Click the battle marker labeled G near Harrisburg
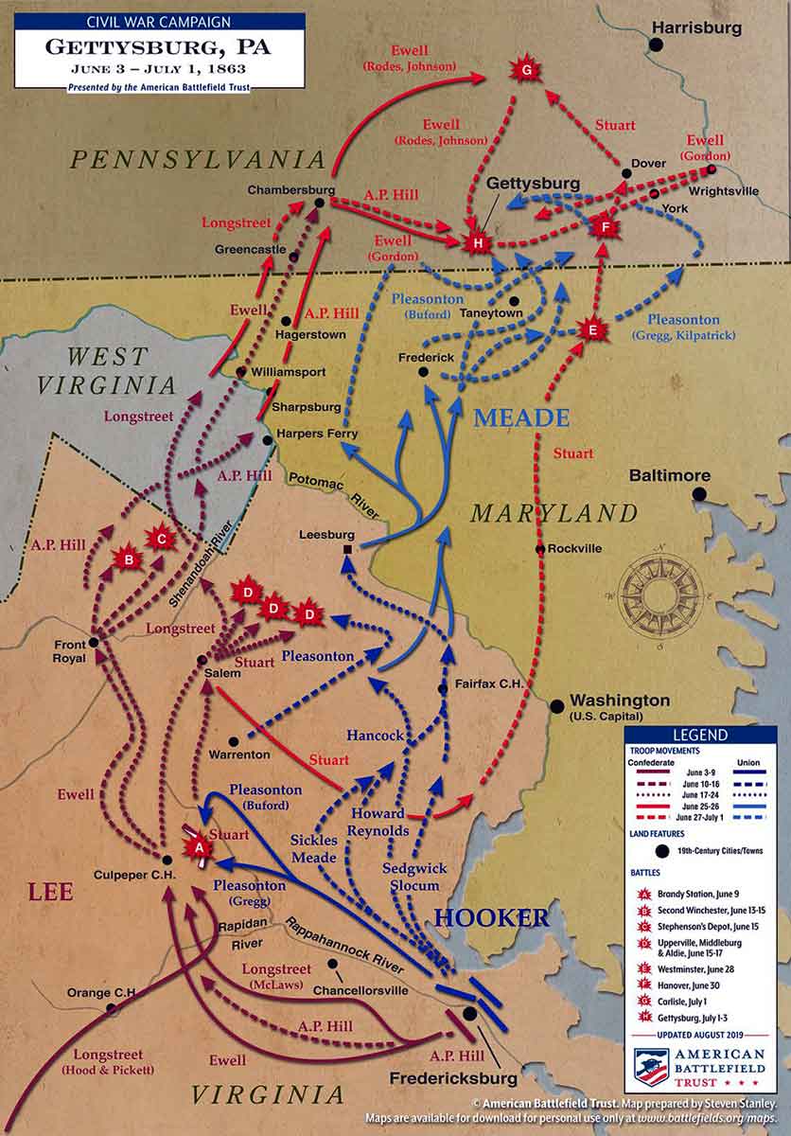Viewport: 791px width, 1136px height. (x=526, y=72)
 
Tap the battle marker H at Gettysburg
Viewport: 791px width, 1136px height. (x=478, y=243)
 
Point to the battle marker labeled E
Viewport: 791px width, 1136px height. (x=592, y=329)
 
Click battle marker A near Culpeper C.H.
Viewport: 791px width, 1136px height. (x=199, y=848)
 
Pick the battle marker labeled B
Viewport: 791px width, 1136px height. (x=128, y=559)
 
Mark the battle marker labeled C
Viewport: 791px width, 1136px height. (x=162, y=539)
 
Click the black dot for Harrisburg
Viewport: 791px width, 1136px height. (x=656, y=44)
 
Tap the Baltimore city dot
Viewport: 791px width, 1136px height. (x=698, y=493)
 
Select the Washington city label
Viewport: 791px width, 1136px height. (x=620, y=701)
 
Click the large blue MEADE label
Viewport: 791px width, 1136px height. (x=521, y=417)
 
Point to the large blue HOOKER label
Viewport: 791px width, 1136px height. (x=491, y=916)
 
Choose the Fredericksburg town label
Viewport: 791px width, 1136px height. (x=452, y=1077)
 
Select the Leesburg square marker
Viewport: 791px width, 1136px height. (x=348, y=550)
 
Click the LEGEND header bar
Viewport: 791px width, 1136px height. (x=699, y=735)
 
